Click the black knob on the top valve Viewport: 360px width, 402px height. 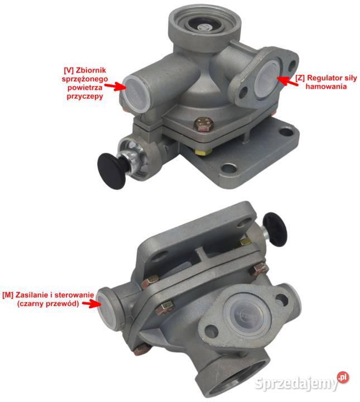pyautogui.click(x=112, y=171)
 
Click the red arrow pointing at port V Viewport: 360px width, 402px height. pyautogui.click(x=114, y=87)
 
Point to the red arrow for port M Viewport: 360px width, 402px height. pyautogui.click(x=92, y=304)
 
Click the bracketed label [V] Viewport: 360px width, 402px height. pyautogui.click(x=69, y=70)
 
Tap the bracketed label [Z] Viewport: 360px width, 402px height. pyautogui.click(x=300, y=78)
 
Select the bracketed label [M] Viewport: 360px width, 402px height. pyautogui.click(x=8, y=295)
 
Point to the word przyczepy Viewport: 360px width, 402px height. pyautogui.click(x=85, y=97)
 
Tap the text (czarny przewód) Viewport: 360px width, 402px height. pyautogui.click(x=48, y=304)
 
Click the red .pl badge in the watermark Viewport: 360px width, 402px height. pyautogui.click(x=343, y=377)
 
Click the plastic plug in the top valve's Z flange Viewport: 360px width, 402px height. pyautogui.click(x=267, y=77)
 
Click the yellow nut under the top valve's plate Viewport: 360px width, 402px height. pyautogui.click(x=203, y=152)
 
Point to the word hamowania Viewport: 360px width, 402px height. pyautogui.click(x=326, y=87)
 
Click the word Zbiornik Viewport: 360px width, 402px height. pyautogui.click(x=91, y=70)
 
